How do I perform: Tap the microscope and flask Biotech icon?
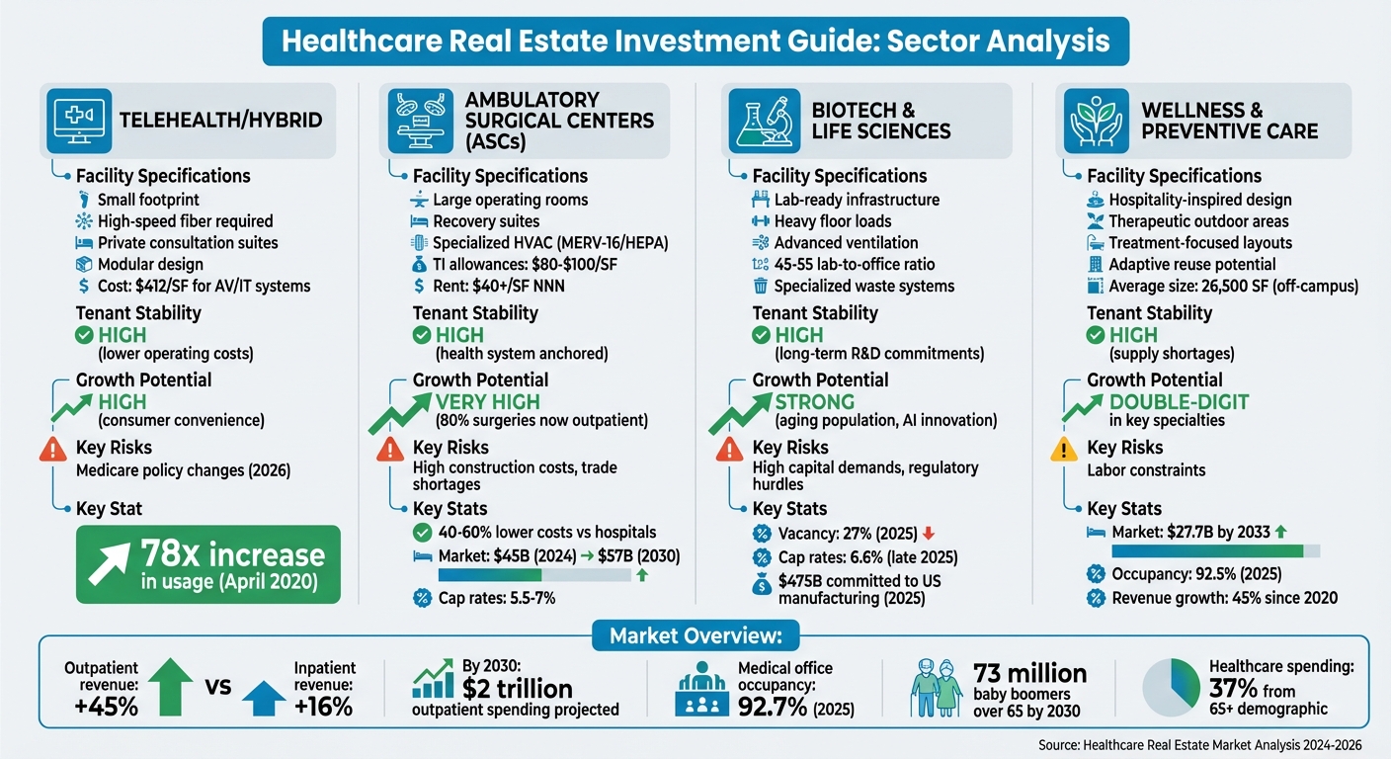pyautogui.click(x=759, y=119)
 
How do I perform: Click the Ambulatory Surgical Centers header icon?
pyautogui.click(x=418, y=119)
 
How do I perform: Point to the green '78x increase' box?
pyautogui.click(x=207, y=564)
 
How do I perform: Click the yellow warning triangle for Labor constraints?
pyautogui.click(x=1063, y=451)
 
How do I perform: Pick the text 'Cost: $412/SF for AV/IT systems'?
pyautogui.click(x=204, y=286)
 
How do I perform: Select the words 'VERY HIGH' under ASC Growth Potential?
pyautogui.click(x=488, y=401)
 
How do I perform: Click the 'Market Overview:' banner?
pyautogui.click(x=695, y=635)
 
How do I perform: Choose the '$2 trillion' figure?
pyautogui.click(x=518, y=688)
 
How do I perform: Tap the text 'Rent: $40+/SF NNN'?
pyautogui.click(x=499, y=286)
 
